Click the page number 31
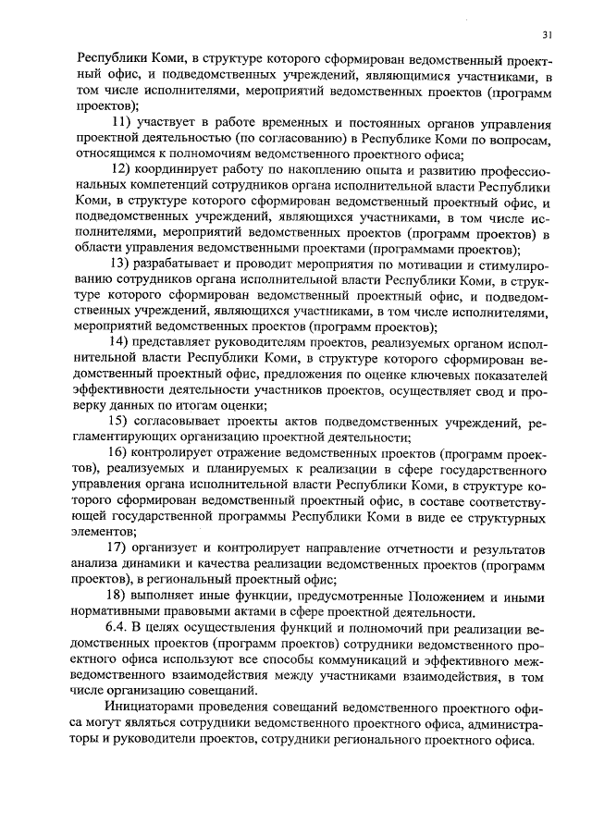[548, 35]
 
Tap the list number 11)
[123, 124]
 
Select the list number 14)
[123, 341]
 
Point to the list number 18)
[123, 595]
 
